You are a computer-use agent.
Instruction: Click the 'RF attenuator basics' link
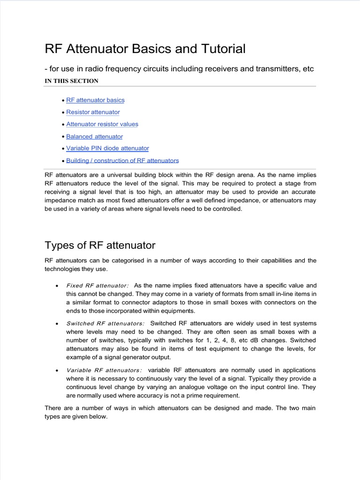(x=95, y=100)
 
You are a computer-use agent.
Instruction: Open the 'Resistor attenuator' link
(x=93, y=112)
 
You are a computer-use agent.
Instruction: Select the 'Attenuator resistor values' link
(x=102, y=124)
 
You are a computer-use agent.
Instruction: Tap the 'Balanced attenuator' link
(x=94, y=136)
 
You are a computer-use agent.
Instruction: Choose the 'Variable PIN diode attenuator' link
(x=107, y=148)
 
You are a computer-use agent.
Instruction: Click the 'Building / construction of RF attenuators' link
(x=122, y=160)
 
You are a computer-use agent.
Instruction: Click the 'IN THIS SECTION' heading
(x=71, y=81)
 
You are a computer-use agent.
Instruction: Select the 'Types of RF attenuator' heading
(x=100, y=245)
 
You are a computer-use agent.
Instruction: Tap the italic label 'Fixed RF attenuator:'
(x=97, y=285)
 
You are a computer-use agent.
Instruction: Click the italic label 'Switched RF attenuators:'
(x=105, y=323)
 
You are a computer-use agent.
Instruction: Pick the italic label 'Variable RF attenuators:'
(x=104, y=370)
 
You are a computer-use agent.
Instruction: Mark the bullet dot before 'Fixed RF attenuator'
(x=57, y=286)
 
